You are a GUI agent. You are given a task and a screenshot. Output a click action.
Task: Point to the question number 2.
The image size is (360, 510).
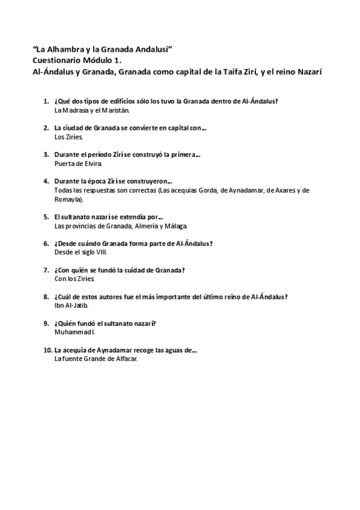[46, 127]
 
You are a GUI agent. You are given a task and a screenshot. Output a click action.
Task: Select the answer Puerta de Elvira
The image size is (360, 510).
[78, 163]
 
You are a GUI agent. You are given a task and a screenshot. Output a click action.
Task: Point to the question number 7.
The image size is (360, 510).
[46, 270]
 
